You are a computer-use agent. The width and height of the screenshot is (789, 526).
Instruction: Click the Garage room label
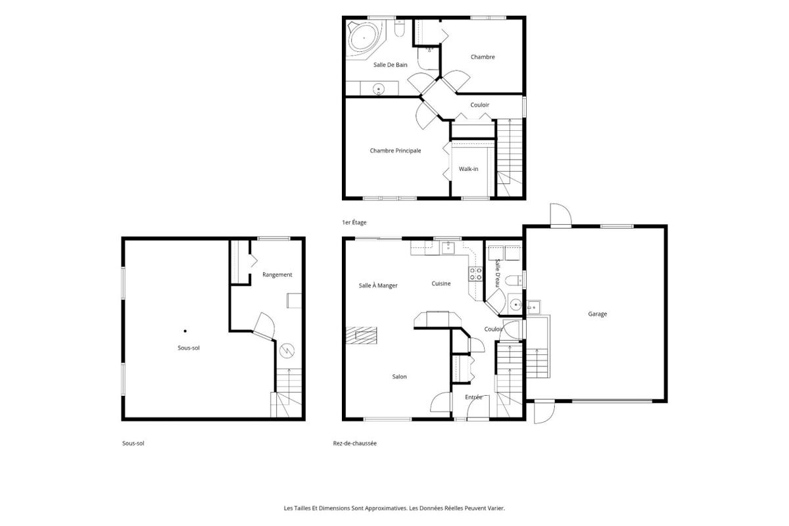[x=598, y=314]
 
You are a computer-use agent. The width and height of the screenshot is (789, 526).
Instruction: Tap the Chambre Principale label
[x=395, y=151]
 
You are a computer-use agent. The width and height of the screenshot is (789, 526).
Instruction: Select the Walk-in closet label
[x=468, y=169]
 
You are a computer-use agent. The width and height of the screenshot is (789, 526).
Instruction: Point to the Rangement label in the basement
[x=277, y=275]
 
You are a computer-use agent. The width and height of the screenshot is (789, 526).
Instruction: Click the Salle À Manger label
[x=378, y=285]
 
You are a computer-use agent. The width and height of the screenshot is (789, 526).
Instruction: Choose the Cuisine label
[x=441, y=283]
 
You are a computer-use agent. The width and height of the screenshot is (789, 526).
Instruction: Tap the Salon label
[x=400, y=377]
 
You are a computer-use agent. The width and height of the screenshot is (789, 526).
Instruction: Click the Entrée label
[x=473, y=397]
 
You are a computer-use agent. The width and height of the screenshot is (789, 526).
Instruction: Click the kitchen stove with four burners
[x=475, y=274]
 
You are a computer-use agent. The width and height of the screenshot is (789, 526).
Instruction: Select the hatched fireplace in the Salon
[x=362, y=335]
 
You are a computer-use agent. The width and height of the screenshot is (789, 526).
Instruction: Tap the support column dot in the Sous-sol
[x=185, y=331]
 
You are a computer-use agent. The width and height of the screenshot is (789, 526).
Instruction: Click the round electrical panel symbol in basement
[x=287, y=350]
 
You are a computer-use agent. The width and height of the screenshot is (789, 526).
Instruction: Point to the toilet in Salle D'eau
[x=514, y=281]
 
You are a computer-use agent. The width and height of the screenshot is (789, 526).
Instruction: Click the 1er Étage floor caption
[x=354, y=222]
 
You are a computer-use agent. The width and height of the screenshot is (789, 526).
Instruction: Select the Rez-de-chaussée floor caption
[x=354, y=443]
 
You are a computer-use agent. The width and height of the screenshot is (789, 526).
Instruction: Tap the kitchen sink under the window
[x=448, y=248]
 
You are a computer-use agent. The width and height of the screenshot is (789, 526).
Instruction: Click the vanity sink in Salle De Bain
[x=379, y=89]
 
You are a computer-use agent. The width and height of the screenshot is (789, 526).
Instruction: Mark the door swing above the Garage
[x=561, y=214]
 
